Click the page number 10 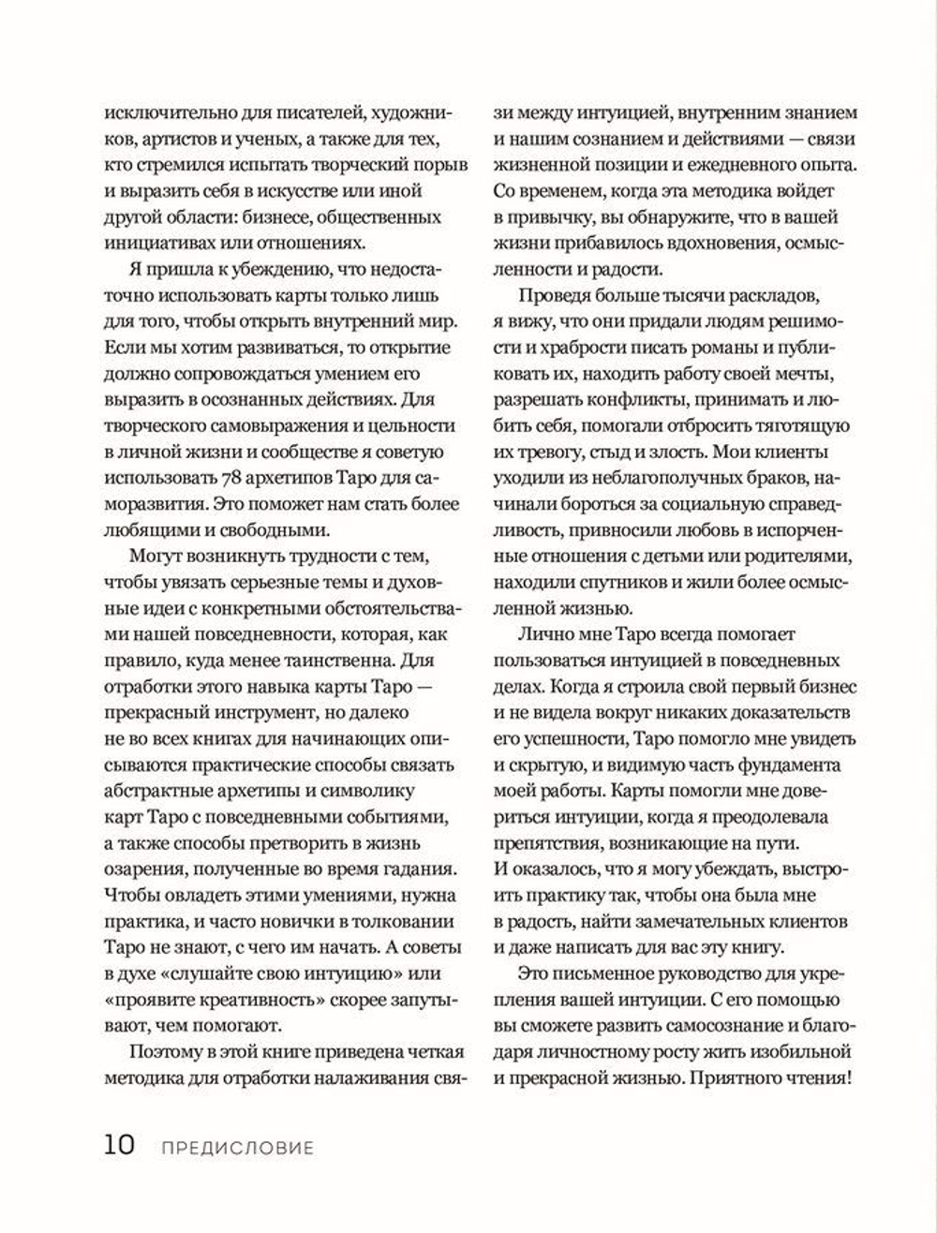(119, 1145)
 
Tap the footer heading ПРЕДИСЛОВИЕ (236, 1148)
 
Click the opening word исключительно (155, 113)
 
